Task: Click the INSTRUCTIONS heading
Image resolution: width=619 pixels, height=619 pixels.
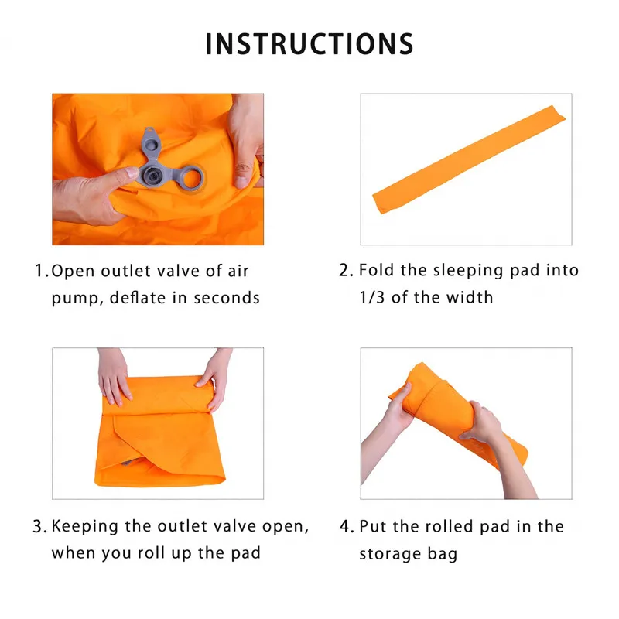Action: pos(309,44)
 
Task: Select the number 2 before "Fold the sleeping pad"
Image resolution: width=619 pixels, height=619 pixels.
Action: pos(345,271)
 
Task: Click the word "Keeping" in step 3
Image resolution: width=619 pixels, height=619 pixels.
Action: pos(84,527)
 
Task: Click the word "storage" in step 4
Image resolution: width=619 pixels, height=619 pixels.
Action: pos(392,554)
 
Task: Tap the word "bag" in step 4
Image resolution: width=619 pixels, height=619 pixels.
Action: pos(443,554)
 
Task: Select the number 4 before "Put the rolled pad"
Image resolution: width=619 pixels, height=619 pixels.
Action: pos(345,527)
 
